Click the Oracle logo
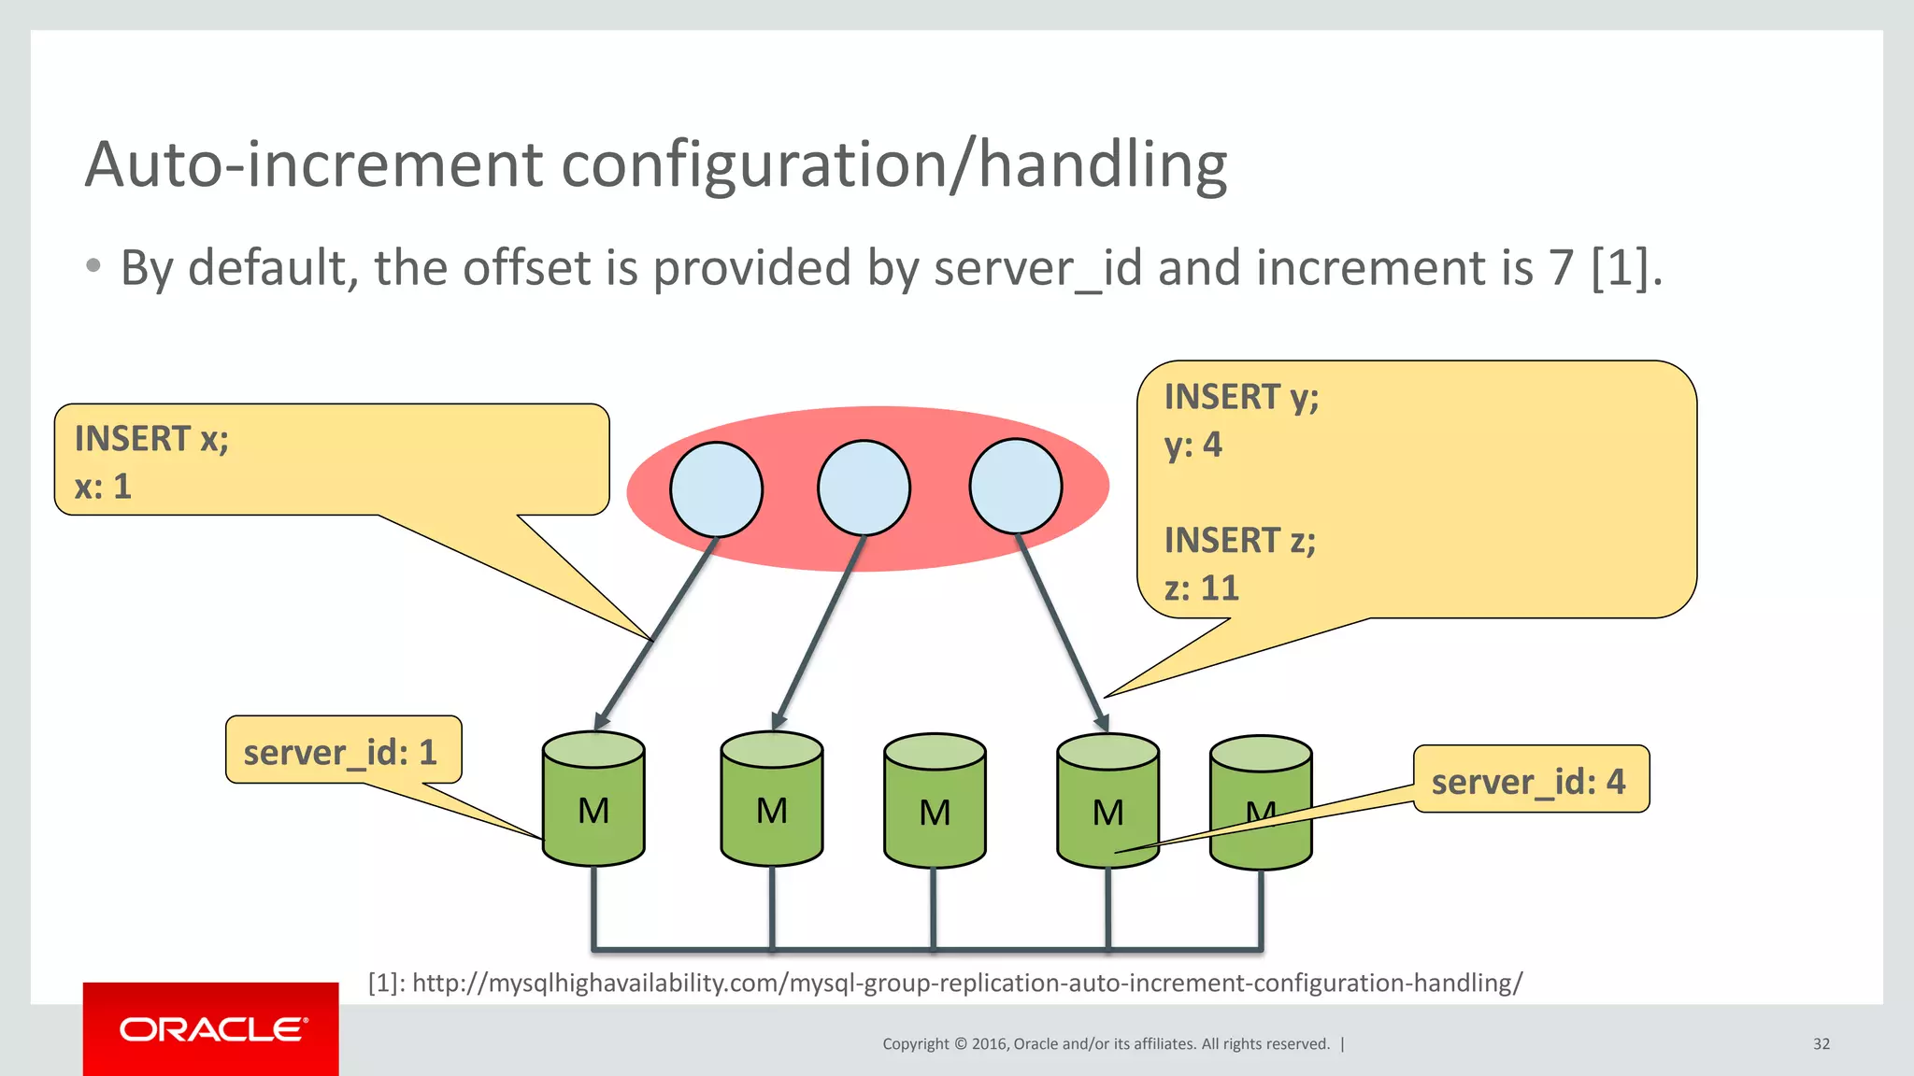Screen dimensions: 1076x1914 [x=211, y=1029]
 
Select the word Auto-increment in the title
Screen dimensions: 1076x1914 [x=313, y=165]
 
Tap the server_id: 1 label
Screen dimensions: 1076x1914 [x=341, y=752]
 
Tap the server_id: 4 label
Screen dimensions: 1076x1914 [x=1529, y=781]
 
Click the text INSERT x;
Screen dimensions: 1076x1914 [x=151, y=438]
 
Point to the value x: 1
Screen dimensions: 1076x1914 [x=103, y=487]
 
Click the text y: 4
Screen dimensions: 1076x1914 [x=1193, y=445]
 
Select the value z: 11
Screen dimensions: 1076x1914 [x=1201, y=588]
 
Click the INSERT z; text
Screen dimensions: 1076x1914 [x=1239, y=540]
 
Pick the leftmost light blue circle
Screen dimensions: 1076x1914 [x=716, y=488]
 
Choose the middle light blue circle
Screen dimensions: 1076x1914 [x=864, y=488]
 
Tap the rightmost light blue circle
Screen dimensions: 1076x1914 [x=1015, y=486]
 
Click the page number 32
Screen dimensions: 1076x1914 [x=1821, y=1043]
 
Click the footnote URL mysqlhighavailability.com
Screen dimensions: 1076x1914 [x=966, y=983]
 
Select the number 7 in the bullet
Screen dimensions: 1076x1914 [x=1561, y=268]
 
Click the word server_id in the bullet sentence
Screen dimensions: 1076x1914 [x=1037, y=268]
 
